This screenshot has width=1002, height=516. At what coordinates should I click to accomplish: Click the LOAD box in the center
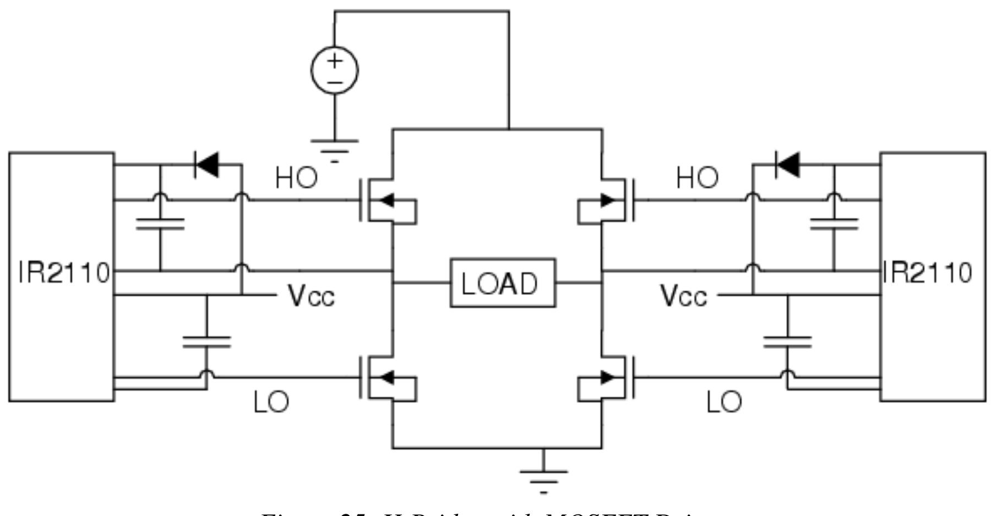coord(503,282)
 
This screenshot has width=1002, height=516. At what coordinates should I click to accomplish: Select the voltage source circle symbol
coord(334,70)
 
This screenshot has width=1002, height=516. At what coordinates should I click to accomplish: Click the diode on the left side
coord(207,164)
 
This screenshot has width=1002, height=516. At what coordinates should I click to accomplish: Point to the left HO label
coord(297,178)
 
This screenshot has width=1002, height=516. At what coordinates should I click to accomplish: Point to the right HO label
coord(697,178)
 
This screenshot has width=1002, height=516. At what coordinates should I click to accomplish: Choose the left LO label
coord(271,403)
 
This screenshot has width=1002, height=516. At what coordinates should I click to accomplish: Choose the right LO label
coord(724,403)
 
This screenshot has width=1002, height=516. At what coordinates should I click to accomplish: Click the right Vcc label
coord(683,297)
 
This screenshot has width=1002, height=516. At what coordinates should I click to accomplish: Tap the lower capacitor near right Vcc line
coord(787,342)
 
